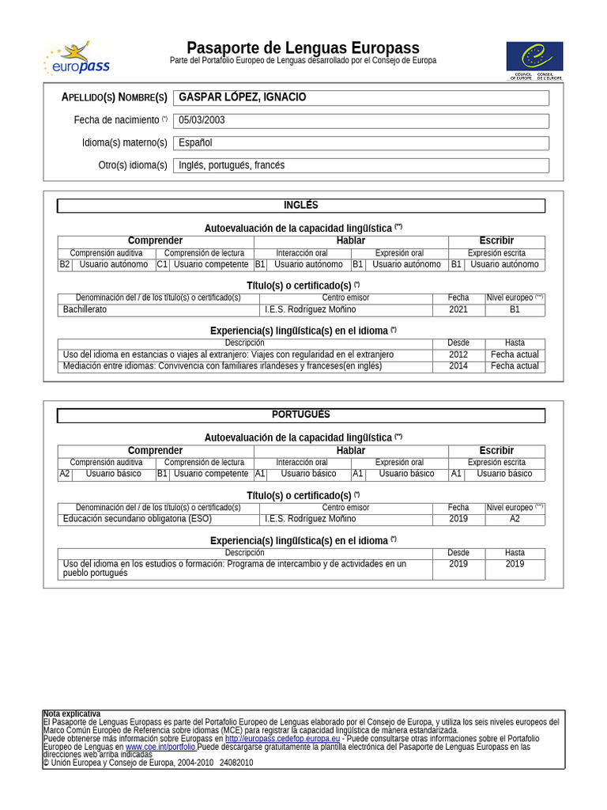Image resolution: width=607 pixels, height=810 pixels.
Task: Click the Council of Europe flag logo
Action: pos(535,60)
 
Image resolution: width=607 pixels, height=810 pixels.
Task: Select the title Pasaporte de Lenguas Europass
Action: pos(303,48)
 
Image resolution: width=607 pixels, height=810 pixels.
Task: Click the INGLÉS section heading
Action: pos(300,206)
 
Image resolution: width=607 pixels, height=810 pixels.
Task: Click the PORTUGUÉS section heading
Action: pos(300,415)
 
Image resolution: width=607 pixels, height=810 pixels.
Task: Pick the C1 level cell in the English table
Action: pos(162,264)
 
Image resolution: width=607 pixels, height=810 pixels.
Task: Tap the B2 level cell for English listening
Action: pos(65,264)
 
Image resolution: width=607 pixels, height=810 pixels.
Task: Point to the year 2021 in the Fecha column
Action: pos(458,309)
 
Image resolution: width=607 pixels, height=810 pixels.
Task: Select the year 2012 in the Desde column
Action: pos(458,354)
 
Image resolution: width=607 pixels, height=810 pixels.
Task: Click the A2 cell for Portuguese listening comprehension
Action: pos(65,474)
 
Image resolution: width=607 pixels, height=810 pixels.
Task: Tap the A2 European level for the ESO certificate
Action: pos(515,519)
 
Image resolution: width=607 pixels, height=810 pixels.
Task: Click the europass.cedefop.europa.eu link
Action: pos(282,739)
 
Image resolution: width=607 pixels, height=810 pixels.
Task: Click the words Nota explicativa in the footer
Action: pos(72,713)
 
